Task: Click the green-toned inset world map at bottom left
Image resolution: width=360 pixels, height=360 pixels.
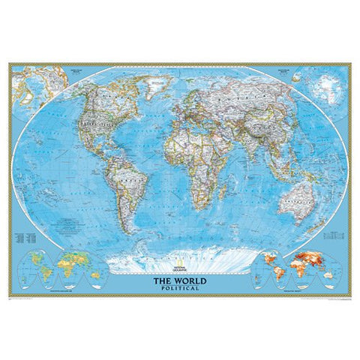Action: tap(61, 271)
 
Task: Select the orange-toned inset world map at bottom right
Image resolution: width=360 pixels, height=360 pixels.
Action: tap(297, 271)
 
